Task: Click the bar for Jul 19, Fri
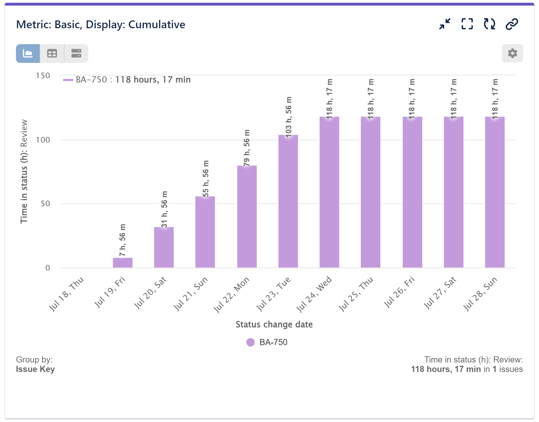(123, 263)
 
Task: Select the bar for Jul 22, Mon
(247, 217)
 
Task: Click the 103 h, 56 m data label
(288, 117)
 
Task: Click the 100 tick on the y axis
(43, 140)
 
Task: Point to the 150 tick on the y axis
(43, 76)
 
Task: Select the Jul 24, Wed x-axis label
(314, 294)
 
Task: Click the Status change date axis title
(274, 324)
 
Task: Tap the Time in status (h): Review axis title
(24, 171)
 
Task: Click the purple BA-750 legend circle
(251, 342)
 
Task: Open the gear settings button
(512, 53)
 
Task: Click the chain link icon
(512, 24)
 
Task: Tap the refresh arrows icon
(489, 24)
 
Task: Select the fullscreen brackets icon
(467, 24)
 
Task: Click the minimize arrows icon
(445, 24)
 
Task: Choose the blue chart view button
(28, 53)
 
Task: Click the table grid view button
(52, 53)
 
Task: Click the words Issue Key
(35, 369)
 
